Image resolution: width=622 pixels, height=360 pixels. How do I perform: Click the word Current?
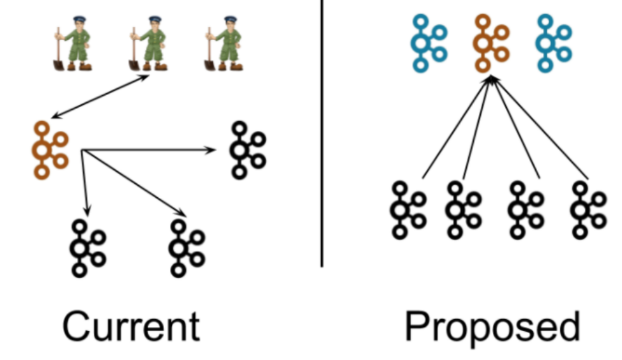[x=131, y=326]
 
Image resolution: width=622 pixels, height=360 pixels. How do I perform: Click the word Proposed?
[x=492, y=326]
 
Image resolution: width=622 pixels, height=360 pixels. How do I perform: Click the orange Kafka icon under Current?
[x=50, y=150]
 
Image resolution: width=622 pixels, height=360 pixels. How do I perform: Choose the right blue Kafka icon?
[x=553, y=43]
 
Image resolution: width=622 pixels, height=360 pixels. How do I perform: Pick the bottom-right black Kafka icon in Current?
[x=186, y=247]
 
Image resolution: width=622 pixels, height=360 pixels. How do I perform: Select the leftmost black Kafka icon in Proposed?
[x=408, y=210]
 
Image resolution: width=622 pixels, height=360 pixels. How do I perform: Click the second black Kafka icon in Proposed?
[x=463, y=210]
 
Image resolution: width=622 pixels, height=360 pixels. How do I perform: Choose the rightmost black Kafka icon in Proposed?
[x=588, y=210]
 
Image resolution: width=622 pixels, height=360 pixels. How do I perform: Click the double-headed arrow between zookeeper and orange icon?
[x=100, y=96]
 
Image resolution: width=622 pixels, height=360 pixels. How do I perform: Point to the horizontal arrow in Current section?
[x=148, y=150]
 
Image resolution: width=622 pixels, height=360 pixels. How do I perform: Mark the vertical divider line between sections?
[x=322, y=144]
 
